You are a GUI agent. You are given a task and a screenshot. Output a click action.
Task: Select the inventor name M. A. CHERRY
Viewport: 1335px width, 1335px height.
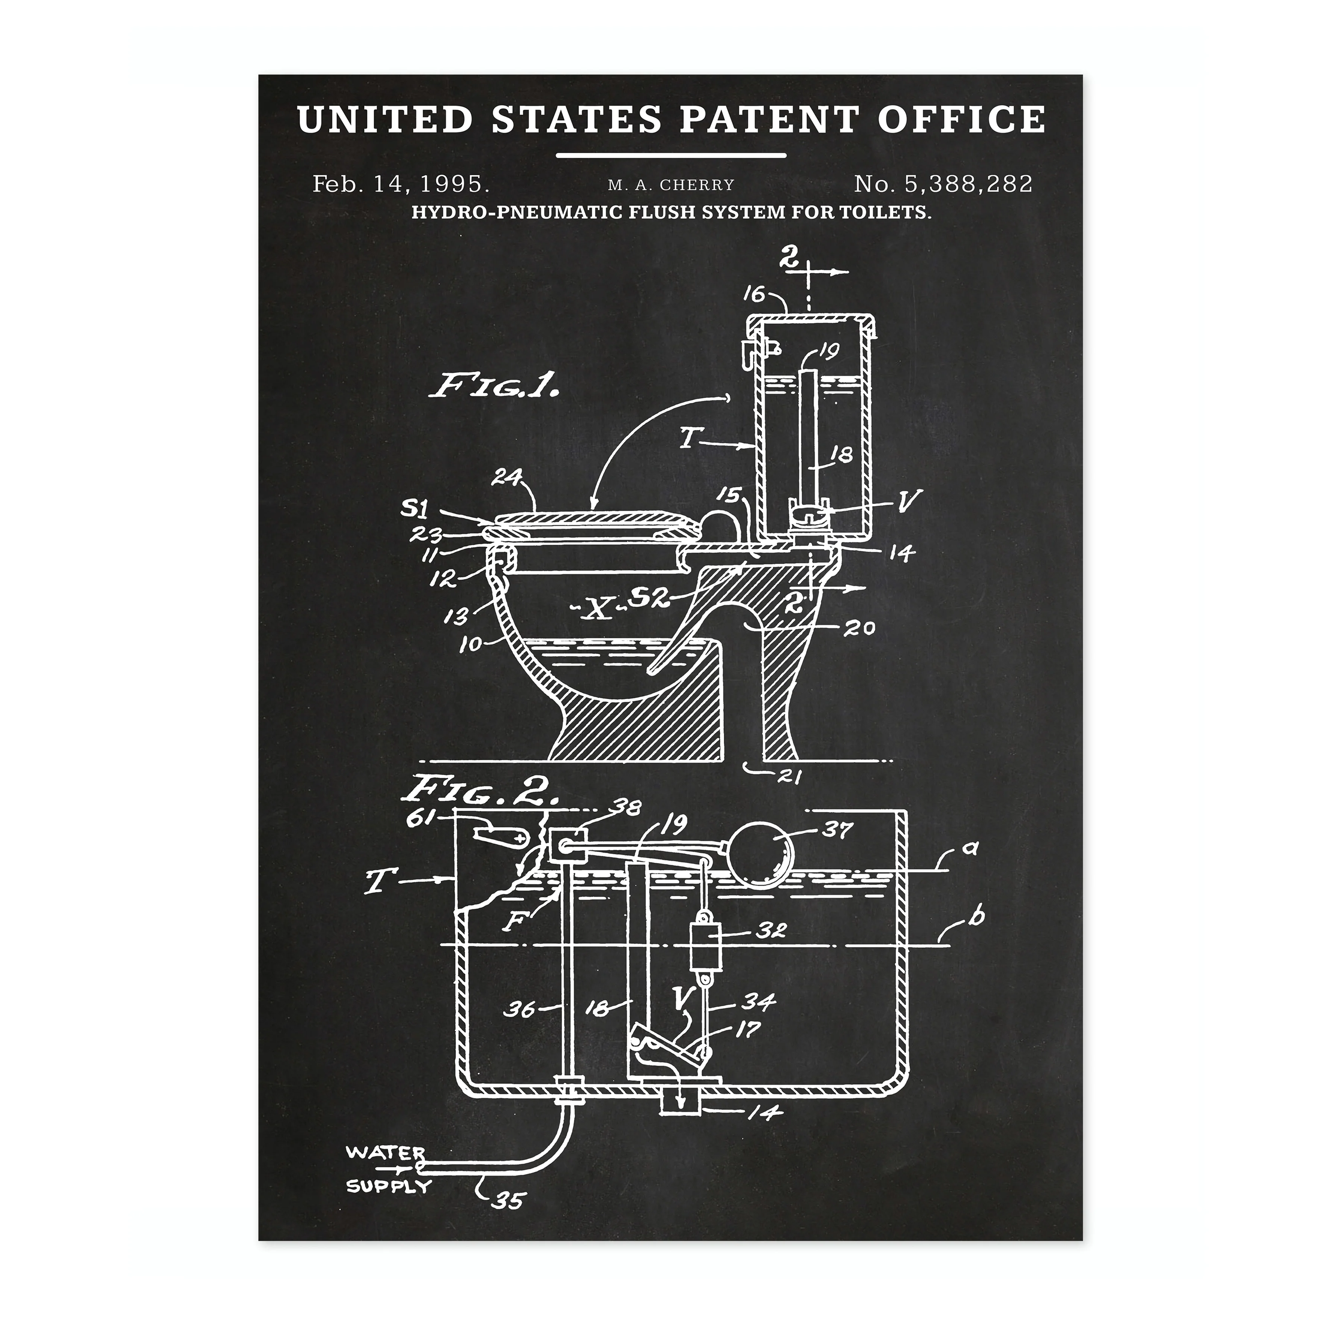tap(671, 185)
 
